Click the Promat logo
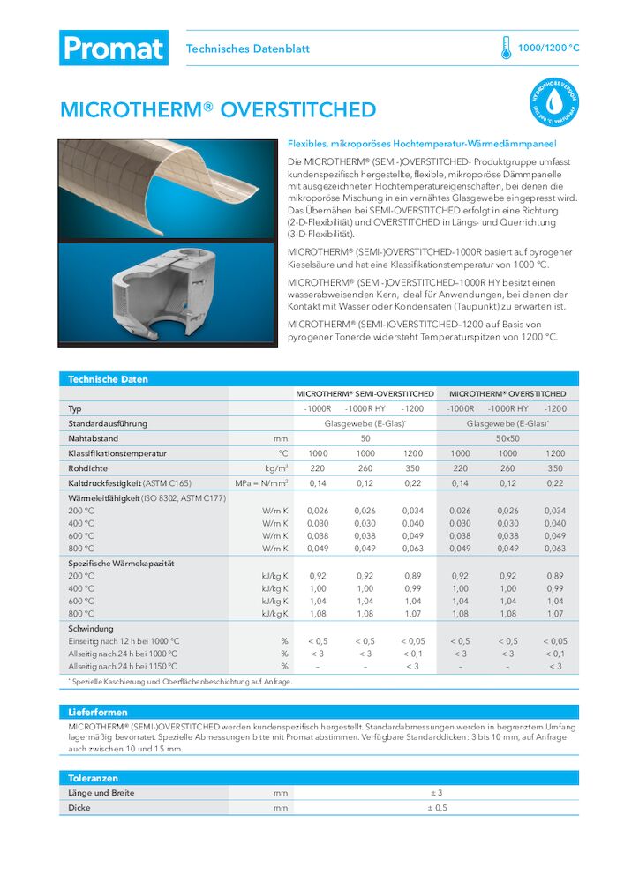click(113, 48)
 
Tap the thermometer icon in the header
click(506, 48)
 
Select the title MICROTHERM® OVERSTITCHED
click(218, 110)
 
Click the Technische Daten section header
click(109, 379)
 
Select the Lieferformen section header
click(98, 711)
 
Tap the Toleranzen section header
click(94, 778)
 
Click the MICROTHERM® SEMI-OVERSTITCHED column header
click(365, 393)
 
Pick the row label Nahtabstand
click(94, 438)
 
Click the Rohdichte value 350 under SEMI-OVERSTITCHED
click(412, 468)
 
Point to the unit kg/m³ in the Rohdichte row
click(276, 468)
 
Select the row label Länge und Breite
click(101, 793)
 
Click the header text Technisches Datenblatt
click(247, 49)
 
